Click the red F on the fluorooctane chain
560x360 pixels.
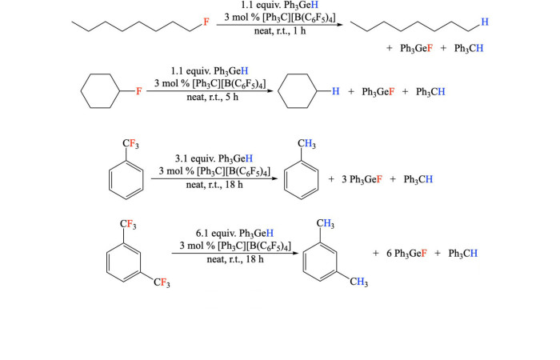pos(206,22)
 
